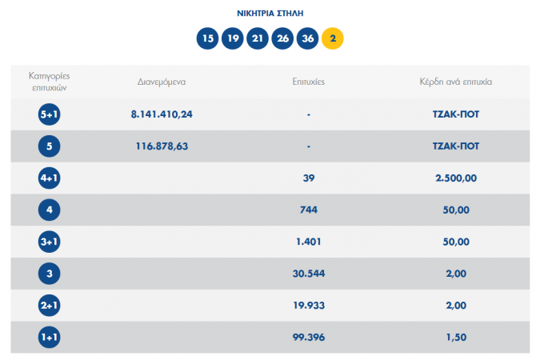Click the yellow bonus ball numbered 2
(x=332, y=38)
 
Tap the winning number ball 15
(x=208, y=38)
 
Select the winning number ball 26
(x=282, y=38)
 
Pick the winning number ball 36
(x=307, y=38)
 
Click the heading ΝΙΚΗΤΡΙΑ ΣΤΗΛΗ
(x=270, y=14)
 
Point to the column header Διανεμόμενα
(x=162, y=81)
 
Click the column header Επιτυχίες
(x=308, y=81)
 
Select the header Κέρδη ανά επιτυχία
(x=455, y=81)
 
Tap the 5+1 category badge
(x=50, y=114)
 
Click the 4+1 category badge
(x=50, y=178)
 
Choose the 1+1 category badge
(x=50, y=338)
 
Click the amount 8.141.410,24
(x=162, y=114)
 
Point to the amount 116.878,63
(x=162, y=146)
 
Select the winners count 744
(x=308, y=210)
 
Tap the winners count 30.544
(x=308, y=274)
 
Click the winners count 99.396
(x=308, y=338)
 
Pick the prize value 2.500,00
(x=455, y=178)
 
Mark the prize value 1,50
(x=455, y=338)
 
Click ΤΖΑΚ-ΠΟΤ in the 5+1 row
(x=455, y=114)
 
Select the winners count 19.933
(x=308, y=306)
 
